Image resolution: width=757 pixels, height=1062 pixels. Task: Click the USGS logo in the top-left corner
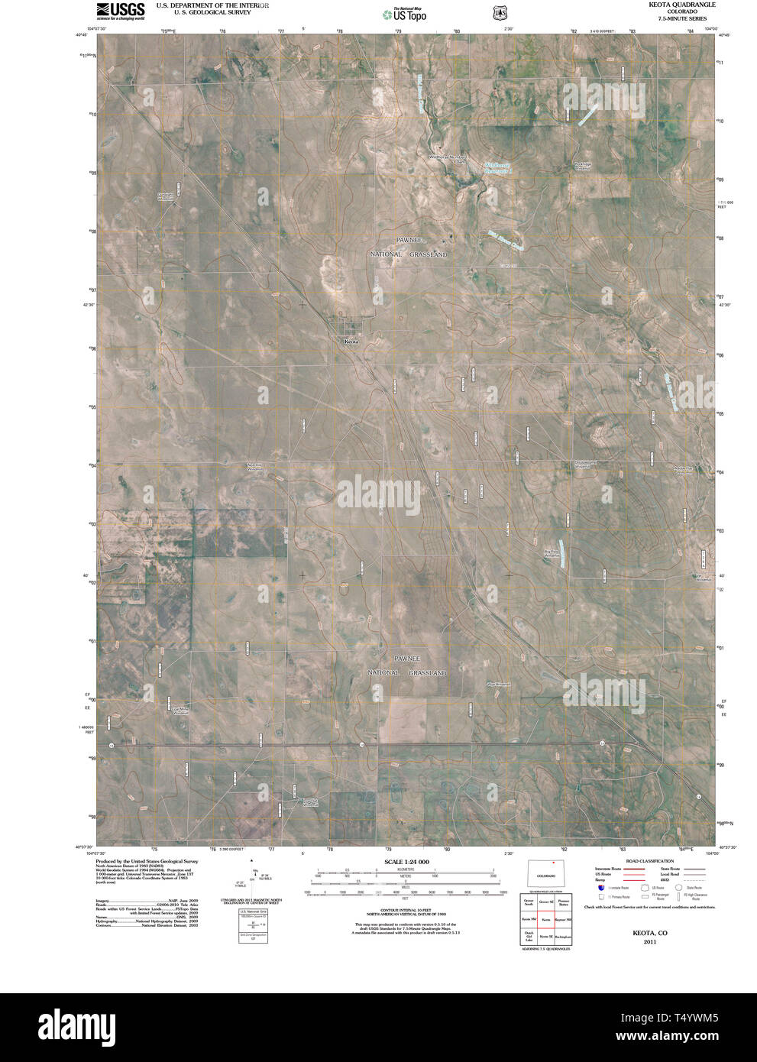[120, 10]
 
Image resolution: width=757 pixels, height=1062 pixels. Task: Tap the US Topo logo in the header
[405, 13]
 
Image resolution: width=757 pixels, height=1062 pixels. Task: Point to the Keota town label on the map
[351, 342]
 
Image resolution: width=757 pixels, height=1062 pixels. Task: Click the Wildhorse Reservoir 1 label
[497, 167]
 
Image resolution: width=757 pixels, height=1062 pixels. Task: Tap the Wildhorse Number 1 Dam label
[447, 159]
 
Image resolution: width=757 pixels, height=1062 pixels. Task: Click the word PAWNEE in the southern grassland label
[408, 658]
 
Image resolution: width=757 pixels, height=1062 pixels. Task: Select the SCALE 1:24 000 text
[407, 862]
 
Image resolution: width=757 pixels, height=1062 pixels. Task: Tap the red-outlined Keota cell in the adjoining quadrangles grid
[546, 920]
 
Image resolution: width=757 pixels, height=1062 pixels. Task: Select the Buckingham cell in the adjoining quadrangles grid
[565, 936]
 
